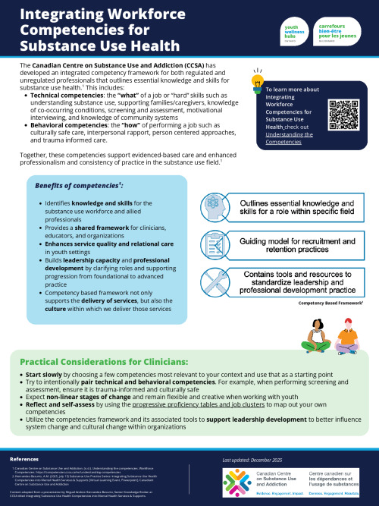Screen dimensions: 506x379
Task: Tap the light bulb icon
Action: pyautogui.click(x=257, y=81)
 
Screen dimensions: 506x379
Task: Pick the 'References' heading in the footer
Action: pyautogui.click(x=24, y=460)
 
